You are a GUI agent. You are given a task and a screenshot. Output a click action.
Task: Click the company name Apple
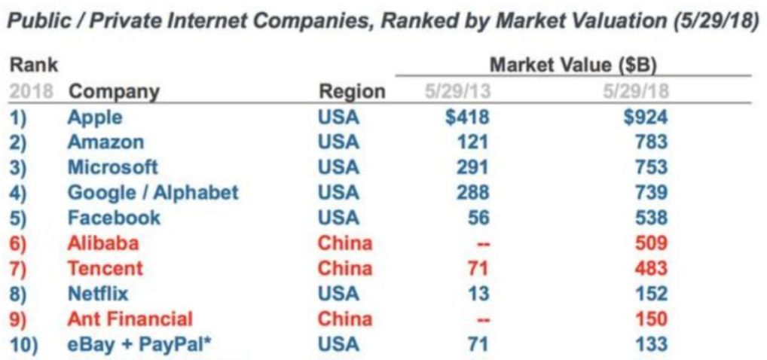tap(94, 117)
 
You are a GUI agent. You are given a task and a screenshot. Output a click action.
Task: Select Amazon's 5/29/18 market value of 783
tap(650, 142)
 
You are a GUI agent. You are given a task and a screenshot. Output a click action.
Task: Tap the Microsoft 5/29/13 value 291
tap(472, 167)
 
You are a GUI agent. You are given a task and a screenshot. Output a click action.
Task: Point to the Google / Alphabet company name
tap(153, 192)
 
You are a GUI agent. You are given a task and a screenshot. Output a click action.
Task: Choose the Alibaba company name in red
tap(103, 243)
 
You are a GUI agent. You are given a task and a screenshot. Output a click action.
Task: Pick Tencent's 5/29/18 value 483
tap(650, 268)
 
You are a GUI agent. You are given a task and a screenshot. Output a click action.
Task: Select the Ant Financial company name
tap(130, 319)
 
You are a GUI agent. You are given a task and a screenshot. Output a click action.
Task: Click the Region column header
tap(352, 92)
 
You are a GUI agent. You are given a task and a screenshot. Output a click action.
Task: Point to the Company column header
tap(114, 92)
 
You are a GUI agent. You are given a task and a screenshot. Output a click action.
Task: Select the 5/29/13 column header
tap(457, 92)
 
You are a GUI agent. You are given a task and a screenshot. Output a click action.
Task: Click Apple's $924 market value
tap(646, 117)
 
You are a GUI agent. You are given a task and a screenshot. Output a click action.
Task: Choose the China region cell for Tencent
tap(344, 268)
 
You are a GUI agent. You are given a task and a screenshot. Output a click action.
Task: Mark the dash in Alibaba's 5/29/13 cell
tap(479, 243)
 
